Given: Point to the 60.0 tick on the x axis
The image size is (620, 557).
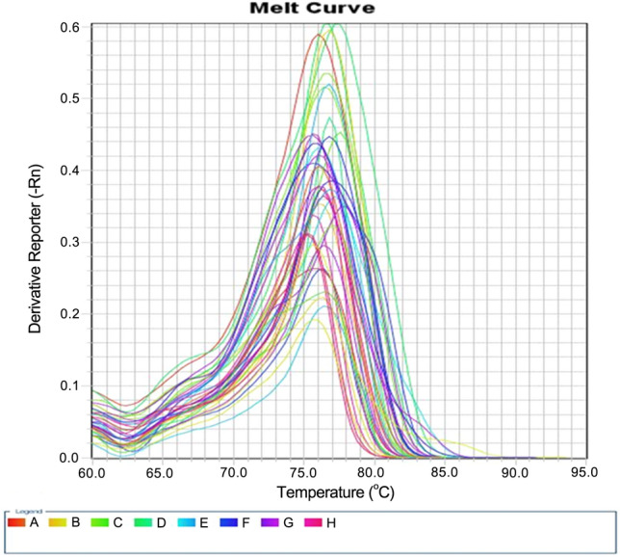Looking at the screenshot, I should click(x=91, y=473).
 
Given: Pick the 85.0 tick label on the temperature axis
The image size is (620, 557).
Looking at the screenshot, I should click(x=444, y=473).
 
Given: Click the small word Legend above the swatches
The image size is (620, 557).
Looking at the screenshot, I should click(x=21, y=512).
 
